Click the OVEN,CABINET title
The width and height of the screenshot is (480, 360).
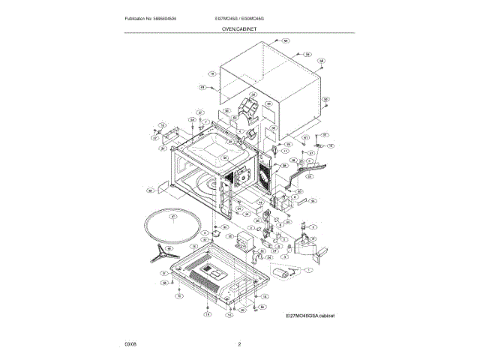[239, 27]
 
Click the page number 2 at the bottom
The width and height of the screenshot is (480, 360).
[239, 344]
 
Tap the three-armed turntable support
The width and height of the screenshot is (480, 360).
[160, 253]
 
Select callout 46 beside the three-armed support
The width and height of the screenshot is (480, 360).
[168, 248]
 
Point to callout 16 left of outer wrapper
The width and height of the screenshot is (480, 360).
[212, 74]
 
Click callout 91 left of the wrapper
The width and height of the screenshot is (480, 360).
[202, 88]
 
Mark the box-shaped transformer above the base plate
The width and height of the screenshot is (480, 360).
[247, 242]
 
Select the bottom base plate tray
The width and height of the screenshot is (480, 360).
[214, 275]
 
